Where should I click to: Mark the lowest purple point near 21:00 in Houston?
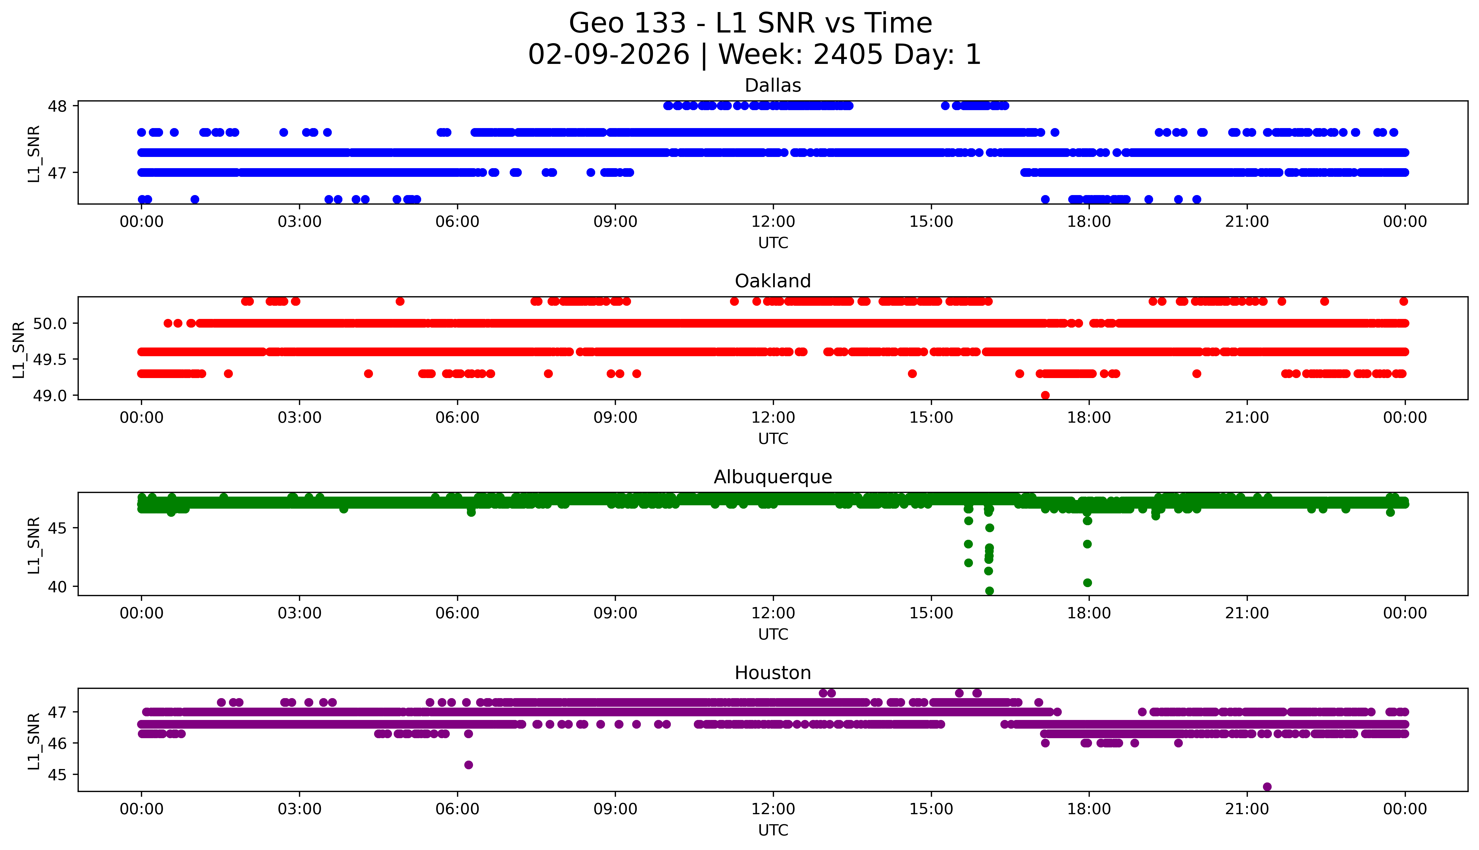pos(1267,787)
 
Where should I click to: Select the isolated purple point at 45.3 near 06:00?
pos(468,765)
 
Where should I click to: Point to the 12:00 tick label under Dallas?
pos(773,222)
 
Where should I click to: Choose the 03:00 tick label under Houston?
pos(300,809)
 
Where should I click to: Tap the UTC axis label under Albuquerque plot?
pos(773,634)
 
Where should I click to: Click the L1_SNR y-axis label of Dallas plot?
pos(34,154)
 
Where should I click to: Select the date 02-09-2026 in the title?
pos(609,55)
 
